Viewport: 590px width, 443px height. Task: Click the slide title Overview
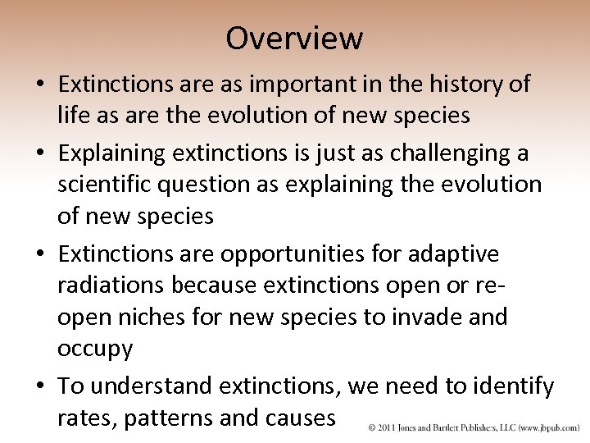point(294,38)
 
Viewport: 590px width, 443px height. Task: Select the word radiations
point(109,285)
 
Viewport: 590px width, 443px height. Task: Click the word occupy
point(94,349)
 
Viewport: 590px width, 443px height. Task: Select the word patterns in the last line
point(172,418)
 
